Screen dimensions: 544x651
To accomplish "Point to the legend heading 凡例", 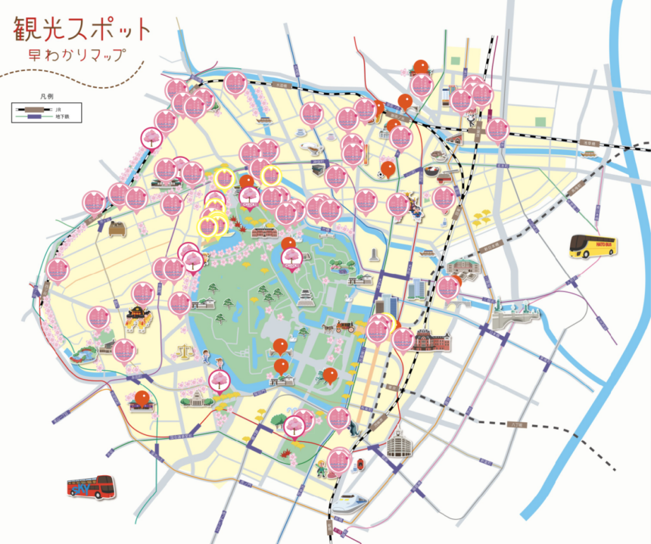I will pyautogui.click(x=45, y=98).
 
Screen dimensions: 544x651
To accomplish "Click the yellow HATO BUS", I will pyautogui.click(x=593, y=247).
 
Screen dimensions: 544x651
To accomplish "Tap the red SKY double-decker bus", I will pyautogui.click(x=90, y=486).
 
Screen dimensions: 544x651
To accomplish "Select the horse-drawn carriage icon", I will pyautogui.click(x=340, y=327).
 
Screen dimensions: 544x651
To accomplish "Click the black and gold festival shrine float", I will pyautogui.click(x=139, y=319).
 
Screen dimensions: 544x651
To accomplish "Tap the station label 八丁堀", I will pyautogui.click(x=517, y=426).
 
